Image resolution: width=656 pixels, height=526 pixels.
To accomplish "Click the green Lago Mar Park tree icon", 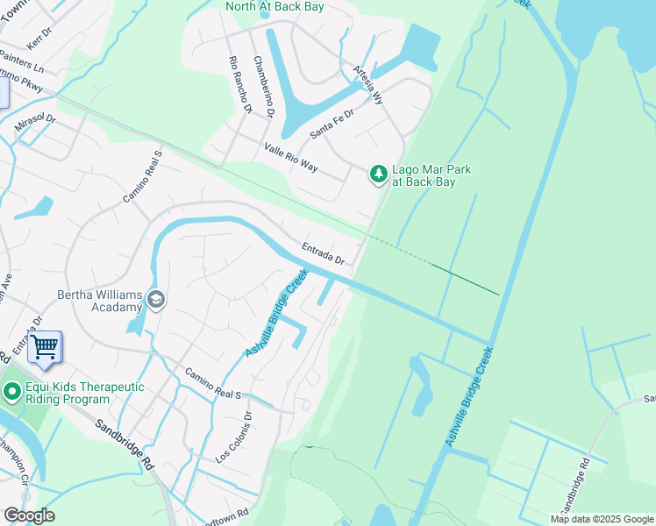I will coord(378,174).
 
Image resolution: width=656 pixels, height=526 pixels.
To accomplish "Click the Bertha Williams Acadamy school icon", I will coord(155,300).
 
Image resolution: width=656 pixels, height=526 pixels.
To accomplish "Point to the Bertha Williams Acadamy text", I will coord(100,301).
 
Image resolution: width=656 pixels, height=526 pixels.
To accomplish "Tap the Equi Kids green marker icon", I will coord(11,391).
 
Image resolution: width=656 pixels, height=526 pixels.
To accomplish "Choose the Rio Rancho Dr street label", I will coord(239,86).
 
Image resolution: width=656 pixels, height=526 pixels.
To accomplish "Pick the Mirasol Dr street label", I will coord(35,124).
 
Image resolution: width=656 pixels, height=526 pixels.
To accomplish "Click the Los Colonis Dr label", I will coord(234,438).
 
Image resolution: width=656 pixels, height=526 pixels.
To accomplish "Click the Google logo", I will coord(28,515).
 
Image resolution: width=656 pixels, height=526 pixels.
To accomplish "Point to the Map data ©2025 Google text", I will coord(602,519).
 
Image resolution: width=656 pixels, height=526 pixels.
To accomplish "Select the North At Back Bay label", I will coord(275,6).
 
